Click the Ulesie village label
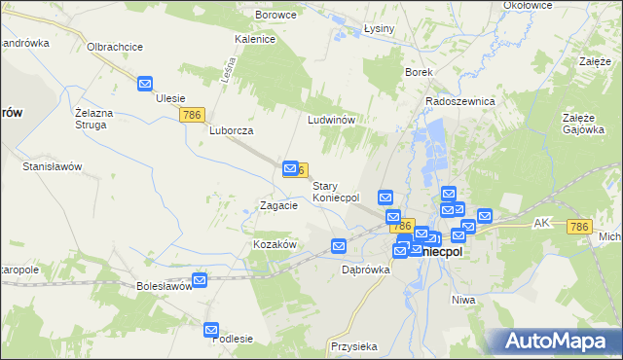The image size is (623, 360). pyautogui.click(x=170, y=98)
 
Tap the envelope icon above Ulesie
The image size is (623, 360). pyautogui.click(x=145, y=84)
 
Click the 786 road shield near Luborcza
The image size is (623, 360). pyautogui.click(x=192, y=115)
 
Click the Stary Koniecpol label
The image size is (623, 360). pyautogui.click(x=336, y=191)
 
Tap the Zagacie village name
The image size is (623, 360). pyautogui.click(x=277, y=205)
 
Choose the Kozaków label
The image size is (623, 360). pyautogui.click(x=274, y=244)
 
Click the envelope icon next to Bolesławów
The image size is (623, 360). pyautogui.click(x=200, y=280)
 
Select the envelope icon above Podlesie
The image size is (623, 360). pyautogui.click(x=213, y=331)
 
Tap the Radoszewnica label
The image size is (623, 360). pyautogui.click(x=460, y=101)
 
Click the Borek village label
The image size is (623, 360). pyautogui.click(x=418, y=72)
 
